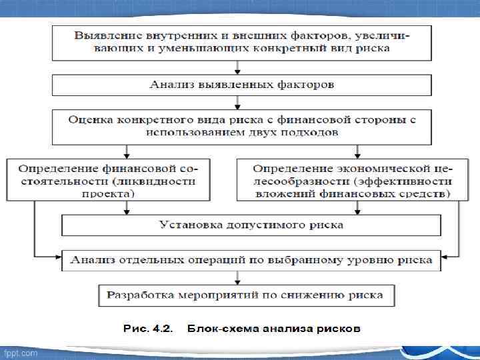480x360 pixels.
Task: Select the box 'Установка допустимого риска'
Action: (x=251, y=225)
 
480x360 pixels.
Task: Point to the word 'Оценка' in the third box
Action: (x=92, y=119)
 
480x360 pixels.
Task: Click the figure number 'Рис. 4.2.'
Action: (x=147, y=329)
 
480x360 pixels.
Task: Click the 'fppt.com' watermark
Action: (x=21, y=353)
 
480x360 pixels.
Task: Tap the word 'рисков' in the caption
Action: (x=340, y=329)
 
